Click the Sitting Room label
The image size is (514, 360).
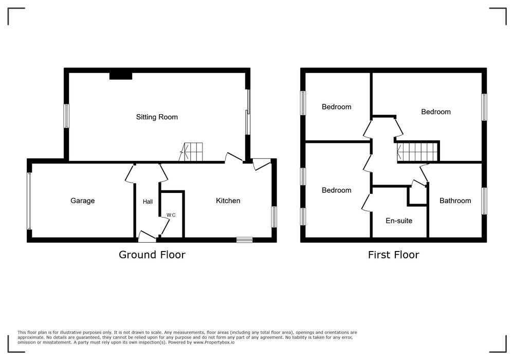click(x=157, y=117)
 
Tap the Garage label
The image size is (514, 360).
click(x=83, y=201)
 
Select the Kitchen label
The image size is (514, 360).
click(x=228, y=201)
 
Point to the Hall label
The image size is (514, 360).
click(x=148, y=202)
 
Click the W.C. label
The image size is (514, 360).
click(x=172, y=215)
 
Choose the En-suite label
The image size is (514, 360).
click(x=399, y=221)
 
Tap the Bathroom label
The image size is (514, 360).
click(x=455, y=201)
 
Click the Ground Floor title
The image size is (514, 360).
click(x=152, y=255)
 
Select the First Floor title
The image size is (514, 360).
click(x=393, y=255)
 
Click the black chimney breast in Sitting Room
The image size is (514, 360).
click(x=121, y=76)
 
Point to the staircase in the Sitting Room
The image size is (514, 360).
click(x=191, y=152)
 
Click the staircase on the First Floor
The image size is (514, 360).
click(x=417, y=152)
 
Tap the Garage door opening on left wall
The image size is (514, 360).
click(x=29, y=201)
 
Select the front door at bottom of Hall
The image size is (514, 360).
click(x=147, y=237)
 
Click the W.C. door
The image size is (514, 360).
click(x=165, y=226)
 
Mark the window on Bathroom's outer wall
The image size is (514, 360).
click(x=484, y=201)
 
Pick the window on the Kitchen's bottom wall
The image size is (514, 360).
click(x=245, y=240)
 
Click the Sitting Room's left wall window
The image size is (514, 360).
click(x=66, y=116)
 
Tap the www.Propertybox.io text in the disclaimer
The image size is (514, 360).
click(x=214, y=343)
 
